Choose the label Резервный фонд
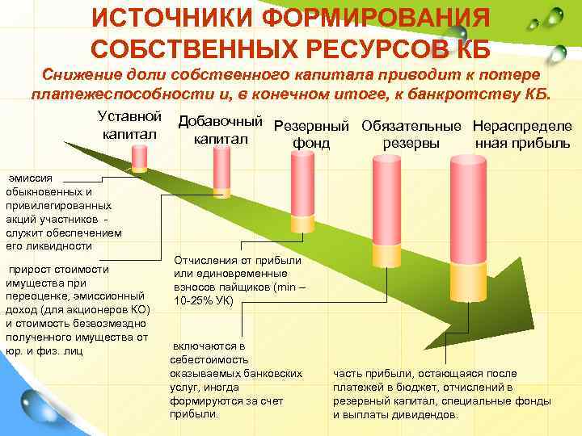click(312, 135)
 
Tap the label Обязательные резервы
click(412, 135)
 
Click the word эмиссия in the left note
click(31, 178)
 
